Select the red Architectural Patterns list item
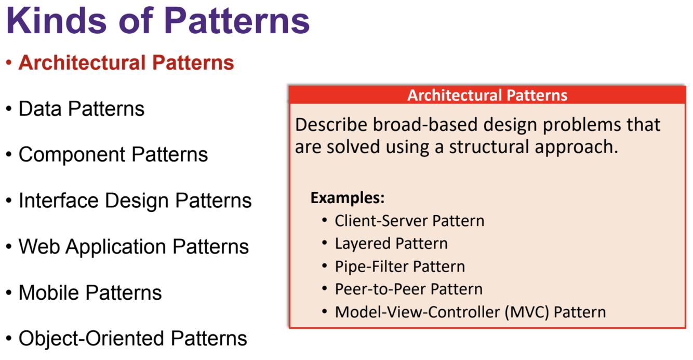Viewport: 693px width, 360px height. coord(126,63)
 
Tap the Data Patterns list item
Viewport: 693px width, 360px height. coord(82,109)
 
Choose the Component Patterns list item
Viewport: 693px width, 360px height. coord(113,155)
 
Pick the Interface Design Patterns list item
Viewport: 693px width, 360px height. coord(135,201)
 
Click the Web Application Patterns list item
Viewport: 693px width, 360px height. coord(134,246)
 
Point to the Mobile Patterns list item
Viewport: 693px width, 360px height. coord(90,292)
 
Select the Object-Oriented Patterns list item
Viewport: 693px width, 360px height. coord(132,338)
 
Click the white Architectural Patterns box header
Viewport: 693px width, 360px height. coord(487,95)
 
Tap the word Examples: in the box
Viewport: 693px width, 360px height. coord(347,198)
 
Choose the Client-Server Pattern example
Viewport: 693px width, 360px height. coord(409,221)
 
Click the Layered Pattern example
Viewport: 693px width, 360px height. coord(391,244)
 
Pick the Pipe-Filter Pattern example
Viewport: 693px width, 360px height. coord(399,266)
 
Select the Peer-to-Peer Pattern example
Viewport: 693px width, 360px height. coord(408,289)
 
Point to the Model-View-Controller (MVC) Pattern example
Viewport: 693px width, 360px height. coord(470,312)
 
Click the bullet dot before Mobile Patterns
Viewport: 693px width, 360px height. coord(9,293)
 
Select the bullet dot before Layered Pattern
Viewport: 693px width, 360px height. coord(325,243)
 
